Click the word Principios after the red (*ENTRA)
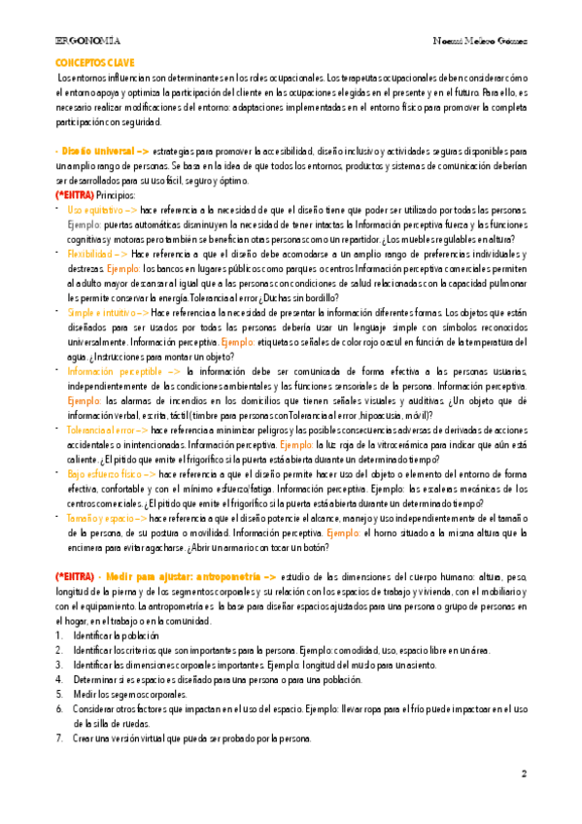pyautogui.click(x=115, y=195)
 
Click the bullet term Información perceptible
pyautogui.click(x=114, y=371)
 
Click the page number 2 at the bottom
pyautogui.click(x=523, y=774)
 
